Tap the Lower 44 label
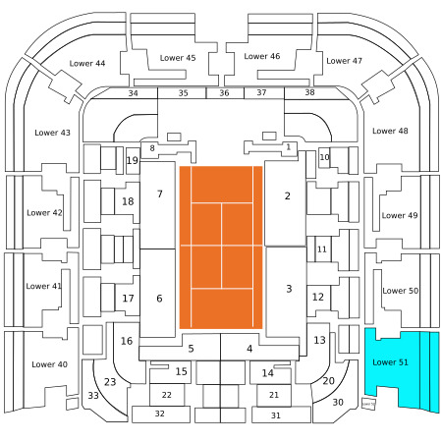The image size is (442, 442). click(87, 64)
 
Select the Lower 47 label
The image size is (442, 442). click(344, 61)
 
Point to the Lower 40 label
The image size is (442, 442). click(49, 364)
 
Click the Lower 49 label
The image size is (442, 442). click(400, 215)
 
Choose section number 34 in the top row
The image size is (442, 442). click(133, 93)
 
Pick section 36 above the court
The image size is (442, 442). click(225, 93)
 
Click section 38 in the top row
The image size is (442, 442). click(309, 92)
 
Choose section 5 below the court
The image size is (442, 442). click(191, 349)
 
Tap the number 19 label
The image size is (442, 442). click(133, 160)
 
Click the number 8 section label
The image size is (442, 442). click(152, 148)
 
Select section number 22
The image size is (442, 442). click(167, 395)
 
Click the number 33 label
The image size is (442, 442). click(93, 396)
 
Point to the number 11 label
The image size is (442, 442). click(322, 249)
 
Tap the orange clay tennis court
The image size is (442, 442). click(221, 248)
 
